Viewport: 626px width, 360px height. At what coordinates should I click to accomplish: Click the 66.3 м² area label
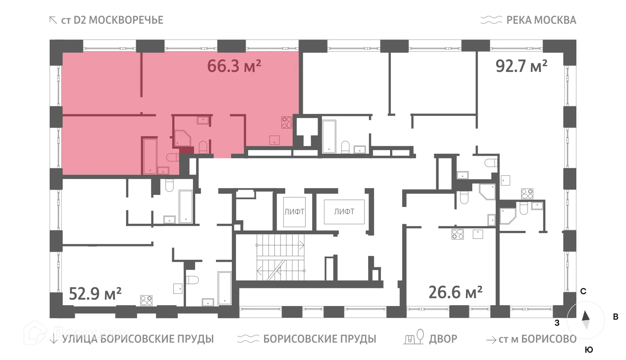tap(234, 66)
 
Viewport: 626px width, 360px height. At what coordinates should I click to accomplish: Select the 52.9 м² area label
tap(95, 293)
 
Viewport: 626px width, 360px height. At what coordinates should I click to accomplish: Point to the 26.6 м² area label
tap(455, 292)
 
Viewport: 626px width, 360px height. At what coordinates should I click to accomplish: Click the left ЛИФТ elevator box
tap(294, 212)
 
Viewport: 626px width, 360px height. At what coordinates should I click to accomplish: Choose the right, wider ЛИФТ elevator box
tap(344, 212)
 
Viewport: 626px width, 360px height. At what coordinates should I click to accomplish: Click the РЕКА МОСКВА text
tap(541, 20)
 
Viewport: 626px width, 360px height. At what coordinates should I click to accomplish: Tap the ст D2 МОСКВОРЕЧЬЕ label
tap(112, 20)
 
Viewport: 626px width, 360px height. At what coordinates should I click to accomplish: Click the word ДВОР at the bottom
tap(443, 339)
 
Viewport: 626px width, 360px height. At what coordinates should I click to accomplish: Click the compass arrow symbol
tap(586, 319)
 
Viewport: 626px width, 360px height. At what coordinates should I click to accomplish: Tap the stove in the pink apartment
tap(287, 122)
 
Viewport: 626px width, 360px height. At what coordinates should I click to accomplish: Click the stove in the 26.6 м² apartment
tap(457, 234)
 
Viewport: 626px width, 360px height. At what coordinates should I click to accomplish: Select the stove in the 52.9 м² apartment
tap(146, 301)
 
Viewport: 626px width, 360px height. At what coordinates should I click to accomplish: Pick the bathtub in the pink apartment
tap(150, 155)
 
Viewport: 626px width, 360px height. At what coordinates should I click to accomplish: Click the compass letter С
tap(583, 292)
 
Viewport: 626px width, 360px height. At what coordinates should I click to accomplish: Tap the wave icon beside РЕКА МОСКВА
tap(491, 20)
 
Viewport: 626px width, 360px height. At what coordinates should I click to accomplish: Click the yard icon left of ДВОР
tap(414, 337)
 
